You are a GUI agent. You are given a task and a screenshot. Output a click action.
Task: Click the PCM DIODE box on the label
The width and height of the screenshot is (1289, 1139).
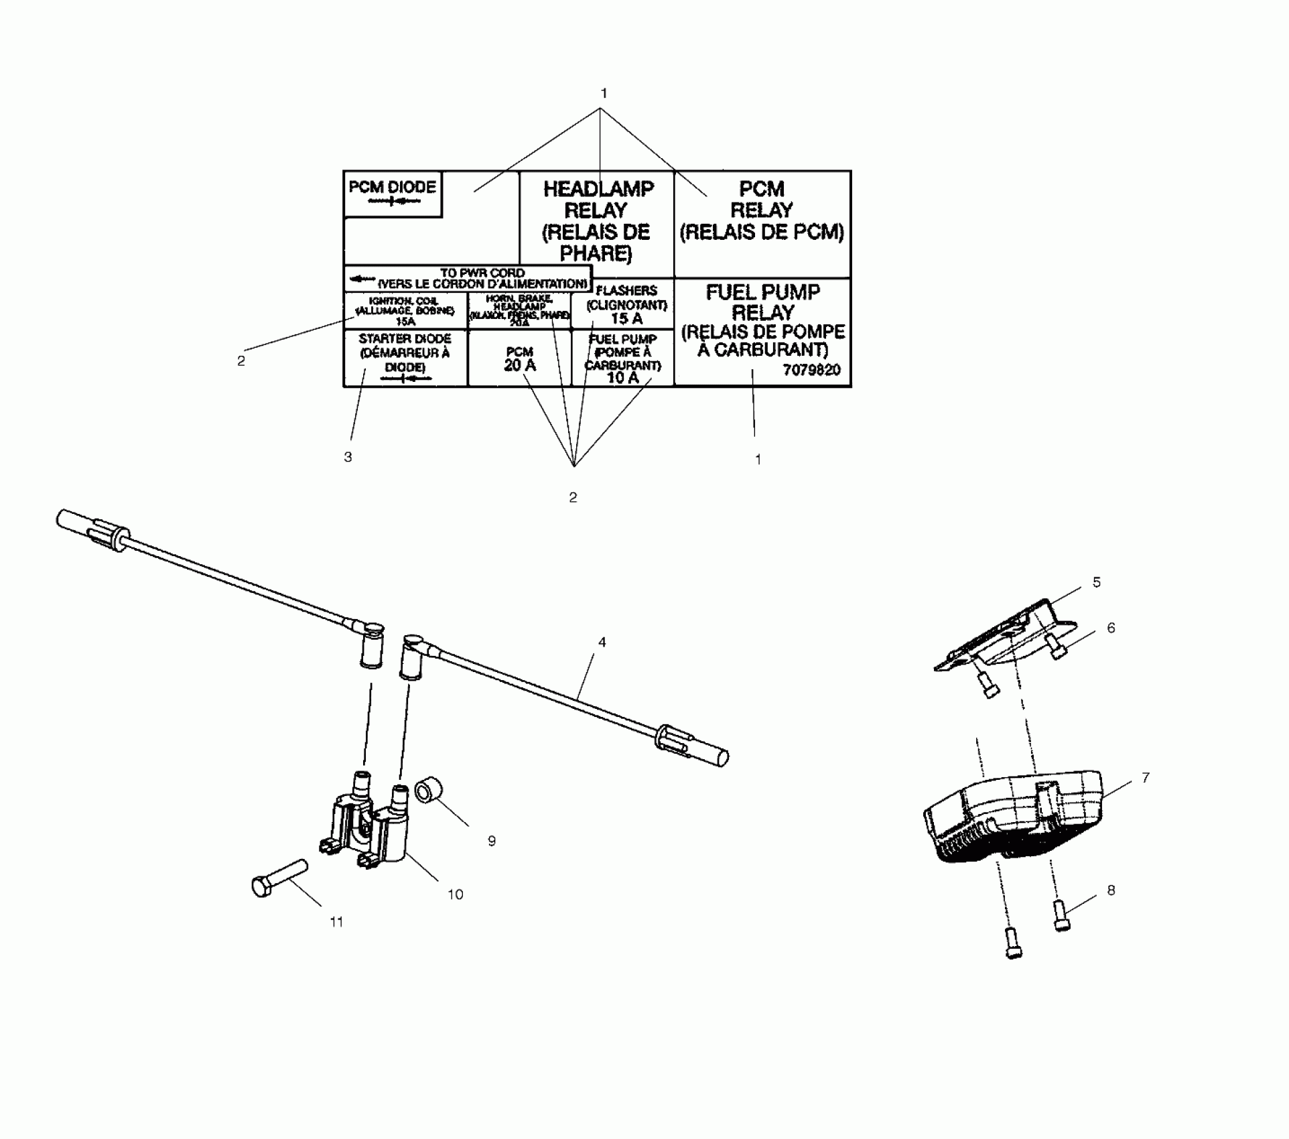click(x=393, y=194)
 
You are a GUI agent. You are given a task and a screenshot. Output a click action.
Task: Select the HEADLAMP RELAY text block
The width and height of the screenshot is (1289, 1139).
click(x=597, y=221)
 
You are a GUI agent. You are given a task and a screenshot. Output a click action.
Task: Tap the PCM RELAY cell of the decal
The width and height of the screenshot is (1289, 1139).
click(x=762, y=210)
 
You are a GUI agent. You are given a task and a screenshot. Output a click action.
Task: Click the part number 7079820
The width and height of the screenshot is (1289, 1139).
click(x=811, y=371)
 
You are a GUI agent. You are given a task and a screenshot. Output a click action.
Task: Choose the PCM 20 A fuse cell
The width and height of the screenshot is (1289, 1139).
click(x=519, y=359)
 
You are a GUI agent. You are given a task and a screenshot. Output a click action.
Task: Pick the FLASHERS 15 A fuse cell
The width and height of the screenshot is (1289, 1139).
click(x=626, y=305)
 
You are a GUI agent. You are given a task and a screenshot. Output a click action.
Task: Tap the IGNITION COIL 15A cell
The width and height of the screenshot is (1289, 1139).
click(x=405, y=311)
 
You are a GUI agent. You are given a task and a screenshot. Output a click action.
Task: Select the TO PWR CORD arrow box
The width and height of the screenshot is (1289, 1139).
click(x=468, y=278)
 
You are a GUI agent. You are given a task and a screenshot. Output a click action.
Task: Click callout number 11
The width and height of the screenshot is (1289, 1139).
click(x=336, y=923)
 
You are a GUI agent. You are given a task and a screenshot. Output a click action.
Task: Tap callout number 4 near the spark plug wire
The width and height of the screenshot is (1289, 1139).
click(x=602, y=643)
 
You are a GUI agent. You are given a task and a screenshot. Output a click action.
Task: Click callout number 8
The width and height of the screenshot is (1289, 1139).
click(x=1111, y=890)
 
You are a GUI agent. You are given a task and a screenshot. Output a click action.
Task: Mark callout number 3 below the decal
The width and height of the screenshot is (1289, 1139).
click(x=348, y=458)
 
